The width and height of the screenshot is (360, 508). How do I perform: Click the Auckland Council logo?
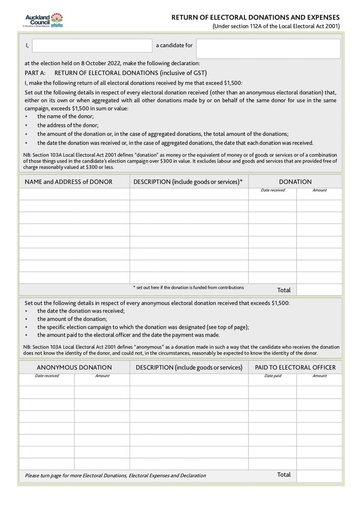(44, 21)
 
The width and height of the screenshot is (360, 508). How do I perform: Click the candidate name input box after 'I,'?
(92, 46)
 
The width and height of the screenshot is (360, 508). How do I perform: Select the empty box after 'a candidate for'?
(268, 49)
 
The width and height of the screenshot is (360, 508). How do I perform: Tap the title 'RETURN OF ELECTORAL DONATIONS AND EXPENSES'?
(256, 17)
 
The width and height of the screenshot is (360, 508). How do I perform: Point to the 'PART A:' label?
(35, 73)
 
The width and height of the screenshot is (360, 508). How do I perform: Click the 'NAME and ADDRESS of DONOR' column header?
(68, 182)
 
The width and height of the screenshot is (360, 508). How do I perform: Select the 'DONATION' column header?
(295, 182)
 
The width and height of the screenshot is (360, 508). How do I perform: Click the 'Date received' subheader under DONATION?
(273, 190)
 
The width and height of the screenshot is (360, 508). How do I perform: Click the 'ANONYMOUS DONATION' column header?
(74, 367)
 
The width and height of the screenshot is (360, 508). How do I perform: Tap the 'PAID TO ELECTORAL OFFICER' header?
(295, 367)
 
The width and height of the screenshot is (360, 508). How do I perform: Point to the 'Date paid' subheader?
(273, 376)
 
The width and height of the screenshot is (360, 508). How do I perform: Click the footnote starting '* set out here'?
(188, 287)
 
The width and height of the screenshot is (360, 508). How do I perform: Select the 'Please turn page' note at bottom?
(115, 475)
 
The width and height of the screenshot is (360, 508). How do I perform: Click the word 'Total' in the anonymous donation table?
(284, 475)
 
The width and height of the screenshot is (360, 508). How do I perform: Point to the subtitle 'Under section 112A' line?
(276, 26)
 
